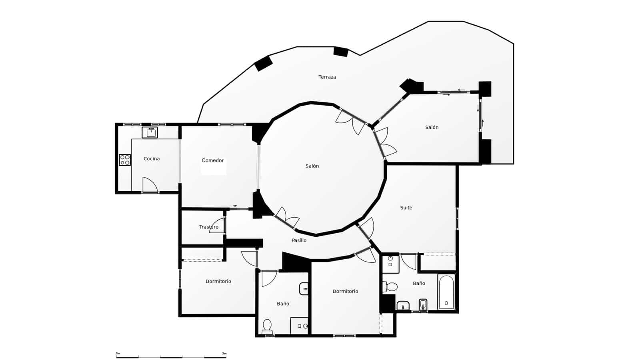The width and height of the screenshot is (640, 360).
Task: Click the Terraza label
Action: pos(327,77)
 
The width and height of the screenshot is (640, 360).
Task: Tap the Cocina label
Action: pos(152,159)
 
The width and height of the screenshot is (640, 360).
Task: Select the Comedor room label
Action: pos(212,160)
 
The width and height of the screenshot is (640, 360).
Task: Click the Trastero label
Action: pos(209,227)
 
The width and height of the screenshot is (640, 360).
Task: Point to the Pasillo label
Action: pos(299,240)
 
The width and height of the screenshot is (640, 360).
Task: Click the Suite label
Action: pos(406,208)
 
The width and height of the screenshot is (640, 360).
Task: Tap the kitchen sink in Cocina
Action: pos(150,132)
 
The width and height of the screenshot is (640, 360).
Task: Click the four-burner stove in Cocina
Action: pos(125,160)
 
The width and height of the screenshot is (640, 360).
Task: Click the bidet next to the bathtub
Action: pos(423,305)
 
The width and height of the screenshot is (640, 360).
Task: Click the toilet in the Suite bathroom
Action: pos(390,286)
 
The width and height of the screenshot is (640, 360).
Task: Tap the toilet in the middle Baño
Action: pos(267,326)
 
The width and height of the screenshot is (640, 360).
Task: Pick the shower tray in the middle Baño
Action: pos(299,326)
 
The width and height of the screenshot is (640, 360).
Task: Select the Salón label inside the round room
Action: pos(312,166)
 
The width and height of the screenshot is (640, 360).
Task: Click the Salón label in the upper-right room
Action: pos(432,128)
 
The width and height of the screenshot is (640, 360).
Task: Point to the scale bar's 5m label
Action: pos(224,354)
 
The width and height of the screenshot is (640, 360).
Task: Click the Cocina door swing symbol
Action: pos(150,185)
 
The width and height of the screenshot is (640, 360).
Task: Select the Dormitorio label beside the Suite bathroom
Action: pos(345,291)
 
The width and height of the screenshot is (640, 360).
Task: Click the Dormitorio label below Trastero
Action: pos(218,281)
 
